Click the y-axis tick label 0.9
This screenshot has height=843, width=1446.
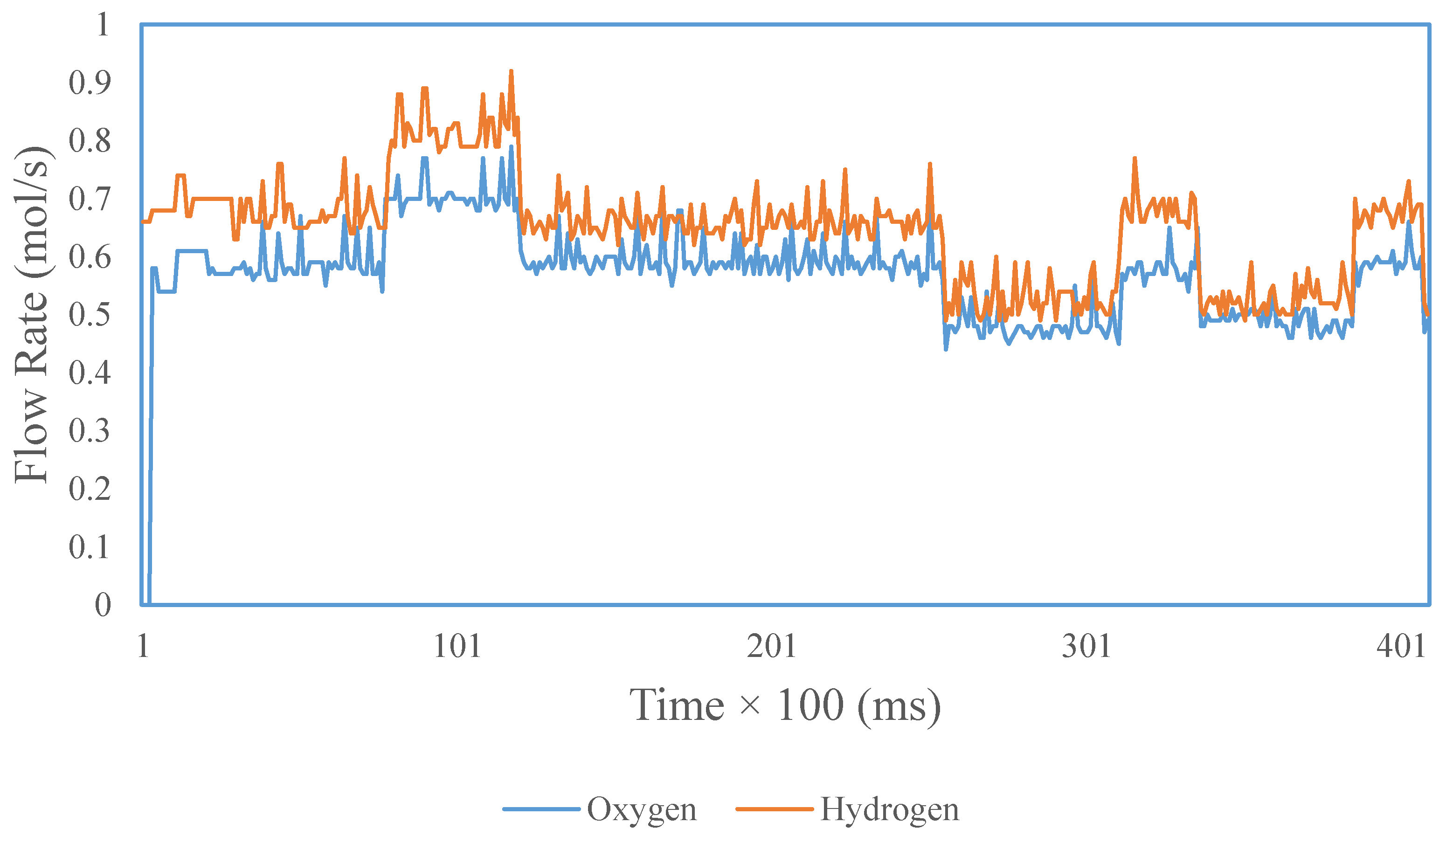(90, 83)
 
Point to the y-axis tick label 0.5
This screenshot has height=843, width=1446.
(90, 314)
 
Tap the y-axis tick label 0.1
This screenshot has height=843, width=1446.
(90, 546)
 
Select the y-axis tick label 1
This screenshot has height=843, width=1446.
(103, 25)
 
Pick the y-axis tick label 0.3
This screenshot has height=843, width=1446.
(90, 430)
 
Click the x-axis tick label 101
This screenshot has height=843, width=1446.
(457, 646)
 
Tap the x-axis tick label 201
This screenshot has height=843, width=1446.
(771, 646)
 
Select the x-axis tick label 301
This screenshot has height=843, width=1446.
(1086, 646)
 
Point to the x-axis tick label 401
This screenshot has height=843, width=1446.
(1401, 646)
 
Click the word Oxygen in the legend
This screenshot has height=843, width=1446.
(641, 810)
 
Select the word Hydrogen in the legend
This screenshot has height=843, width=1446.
(889, 810)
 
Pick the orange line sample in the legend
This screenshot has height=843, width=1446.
(774, 809)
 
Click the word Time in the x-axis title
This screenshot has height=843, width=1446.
(677, 705)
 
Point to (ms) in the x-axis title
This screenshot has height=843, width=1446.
(899, 705)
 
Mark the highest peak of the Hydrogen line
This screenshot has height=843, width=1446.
(511, 72)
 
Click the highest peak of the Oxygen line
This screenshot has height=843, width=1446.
(511, 147)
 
